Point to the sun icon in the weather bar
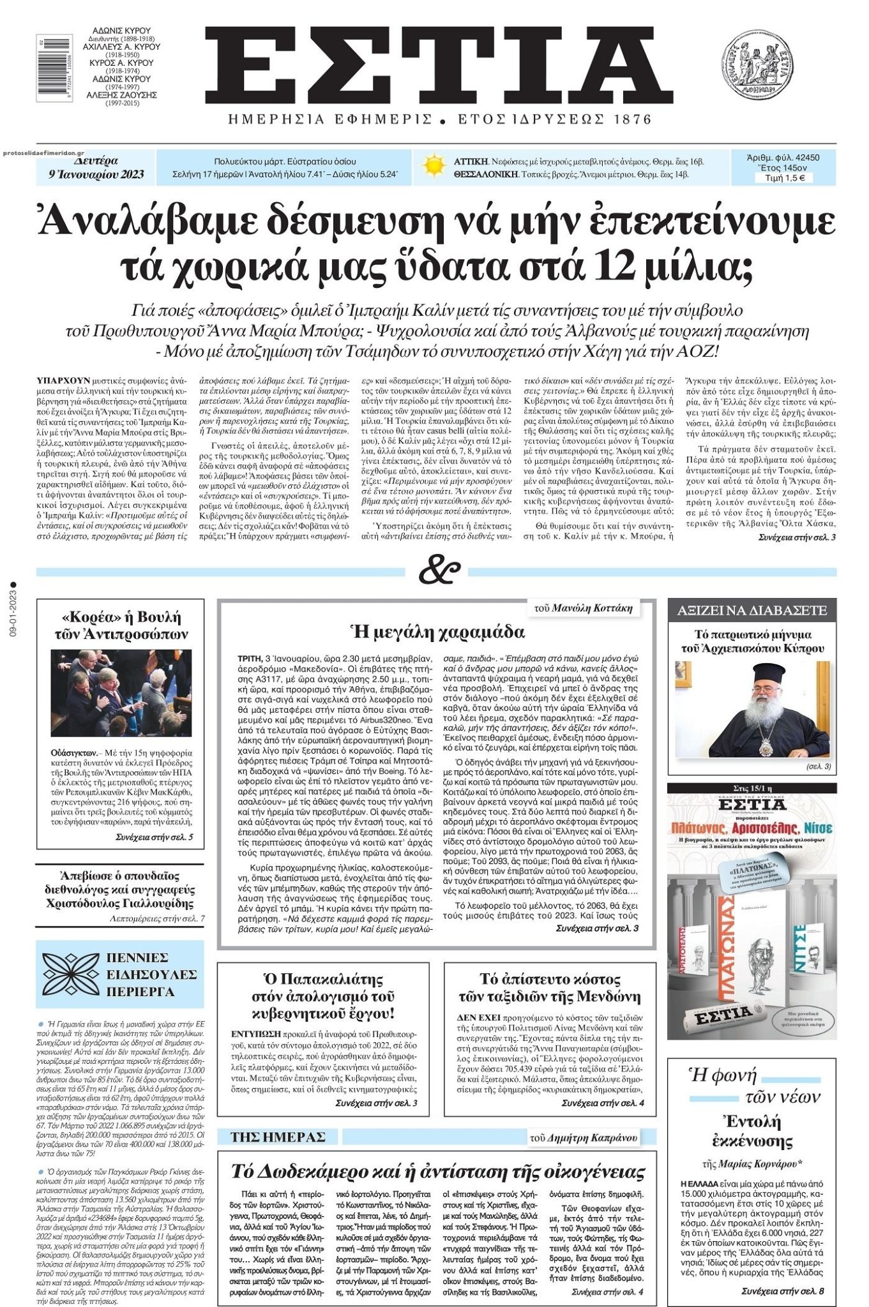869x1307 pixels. (x=434, y=167)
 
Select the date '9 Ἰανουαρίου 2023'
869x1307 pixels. (x=96, y=174)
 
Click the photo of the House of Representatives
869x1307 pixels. (x=121, y=694)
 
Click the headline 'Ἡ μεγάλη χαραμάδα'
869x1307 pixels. (x=437, y=632)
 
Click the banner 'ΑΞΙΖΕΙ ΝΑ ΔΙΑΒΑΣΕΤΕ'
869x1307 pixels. (x=752, y=610)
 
